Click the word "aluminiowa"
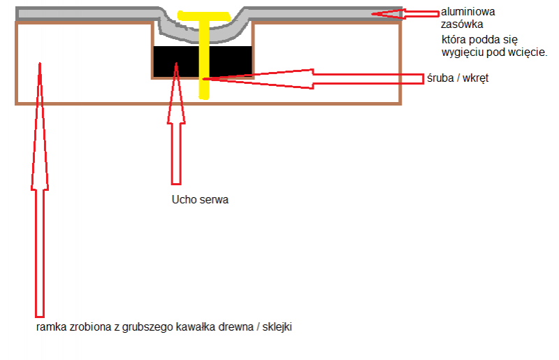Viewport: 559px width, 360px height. (463, 13)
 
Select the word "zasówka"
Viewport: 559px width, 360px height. (458, 24)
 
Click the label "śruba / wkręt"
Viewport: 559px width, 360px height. (456, 78)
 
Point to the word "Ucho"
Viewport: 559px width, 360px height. (183, 199)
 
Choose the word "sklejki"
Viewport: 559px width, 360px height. (276, 327)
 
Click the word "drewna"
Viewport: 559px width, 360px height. (238, 327)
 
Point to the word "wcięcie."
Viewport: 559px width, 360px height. (530, 52)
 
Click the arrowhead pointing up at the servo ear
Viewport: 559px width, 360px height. (176, 70)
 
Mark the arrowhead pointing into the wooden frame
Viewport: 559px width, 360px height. (40, 70)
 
